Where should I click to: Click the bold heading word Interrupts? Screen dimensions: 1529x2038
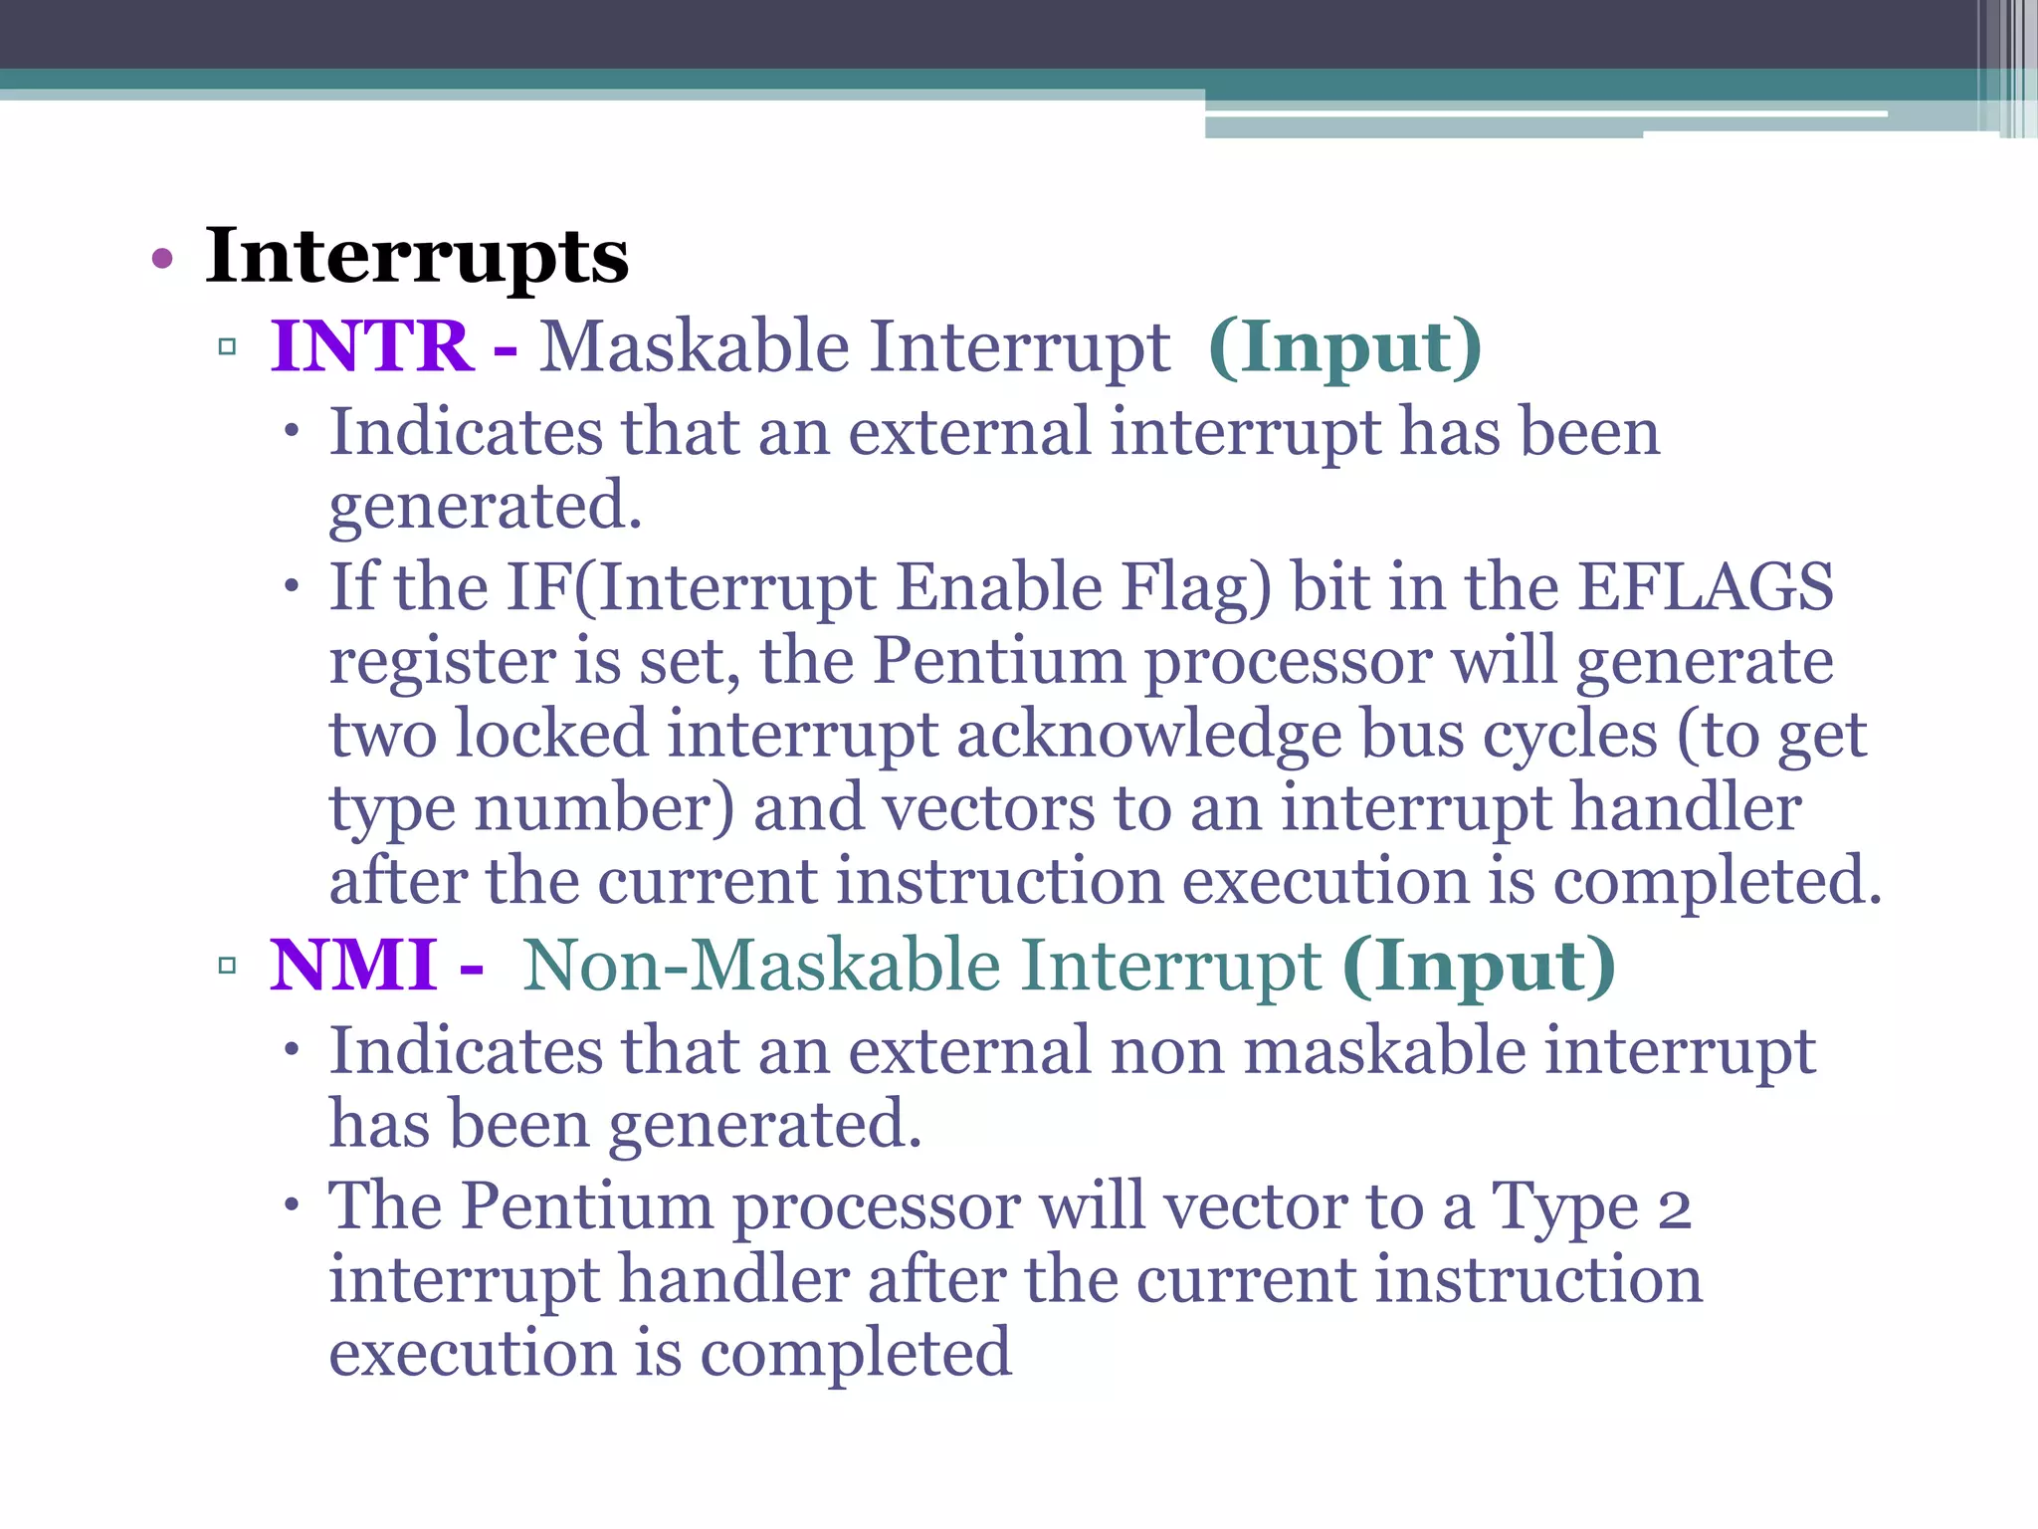[x=417, y=257]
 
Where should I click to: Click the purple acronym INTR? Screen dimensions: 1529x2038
[x=371, y=346]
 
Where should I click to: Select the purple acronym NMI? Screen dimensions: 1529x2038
[x=353, y=965]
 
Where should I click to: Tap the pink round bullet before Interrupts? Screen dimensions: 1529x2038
[x=162, y=260]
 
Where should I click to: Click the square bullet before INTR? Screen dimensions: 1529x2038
[x=227, y=347]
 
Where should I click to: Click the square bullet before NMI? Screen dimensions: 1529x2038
[x=227, y=965]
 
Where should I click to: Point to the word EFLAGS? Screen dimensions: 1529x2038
[x=1706, y=586]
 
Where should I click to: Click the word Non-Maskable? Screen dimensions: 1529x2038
[x=761, y=965]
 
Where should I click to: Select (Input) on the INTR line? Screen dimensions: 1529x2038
[x=1344, y=347]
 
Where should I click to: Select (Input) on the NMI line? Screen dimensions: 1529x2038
[x=1479, y=965]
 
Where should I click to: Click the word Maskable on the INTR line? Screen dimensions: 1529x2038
[x=695, y=347]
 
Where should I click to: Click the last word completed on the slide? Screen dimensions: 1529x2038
[x=856, y=1354]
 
